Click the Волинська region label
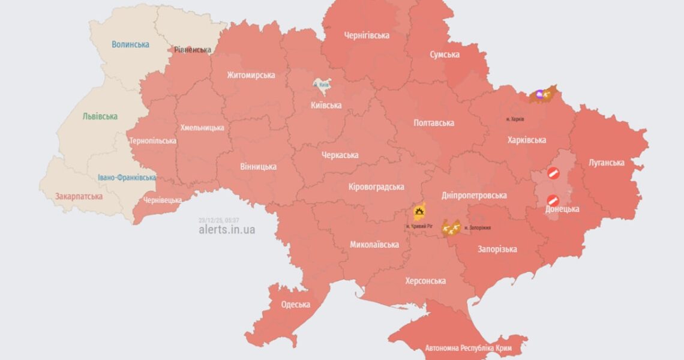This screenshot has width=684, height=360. [130, 44]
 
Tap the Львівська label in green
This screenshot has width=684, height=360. [100, 116]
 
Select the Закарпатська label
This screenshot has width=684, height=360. [79, 196]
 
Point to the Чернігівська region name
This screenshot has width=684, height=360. [367, 35]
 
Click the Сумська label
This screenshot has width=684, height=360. [445, 55]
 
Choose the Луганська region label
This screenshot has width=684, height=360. [606, 163]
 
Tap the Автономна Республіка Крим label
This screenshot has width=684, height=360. [460, 348]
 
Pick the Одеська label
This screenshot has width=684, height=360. [296, 304]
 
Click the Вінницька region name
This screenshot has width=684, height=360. [258, 166]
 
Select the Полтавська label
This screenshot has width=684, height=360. [434, 123]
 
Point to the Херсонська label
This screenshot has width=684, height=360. [425, 281]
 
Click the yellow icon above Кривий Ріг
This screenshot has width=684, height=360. [419, 212]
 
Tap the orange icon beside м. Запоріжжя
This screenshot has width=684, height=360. [451, 227]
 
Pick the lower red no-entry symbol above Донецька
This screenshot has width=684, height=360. [553, 200]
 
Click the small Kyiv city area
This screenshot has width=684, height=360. [322, 85]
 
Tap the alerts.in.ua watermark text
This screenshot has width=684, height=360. [227, 230]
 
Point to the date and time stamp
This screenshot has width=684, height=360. [218, 220]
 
